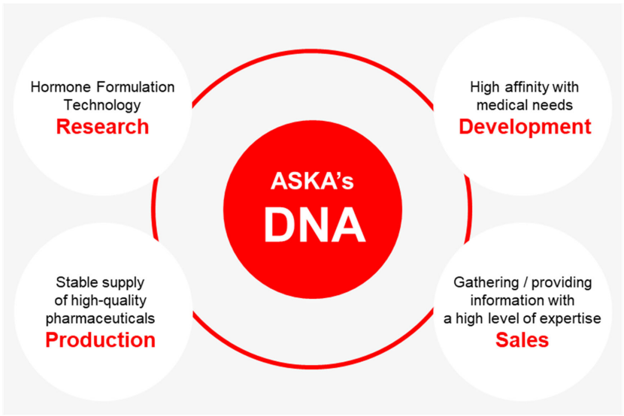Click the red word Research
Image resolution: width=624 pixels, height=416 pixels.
pyautogui.click(x=102, y=127)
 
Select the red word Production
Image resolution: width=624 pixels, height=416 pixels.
pyautogui.click(x=100, y=340)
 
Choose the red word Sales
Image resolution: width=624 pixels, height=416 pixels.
pyautogui.click(x=522, y=340)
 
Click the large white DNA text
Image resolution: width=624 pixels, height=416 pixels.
pyautogui.click(x=314, y=225)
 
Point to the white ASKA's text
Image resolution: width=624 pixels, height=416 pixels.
pyautogui.click(x=312, y=181)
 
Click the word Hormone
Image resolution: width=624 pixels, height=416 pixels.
pyautogui.click(x=62, y=87)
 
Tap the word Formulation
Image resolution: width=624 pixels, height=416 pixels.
pyautogui.click(x=136, y=87)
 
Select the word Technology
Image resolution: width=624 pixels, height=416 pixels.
pyautogui.click(x=102, y=105)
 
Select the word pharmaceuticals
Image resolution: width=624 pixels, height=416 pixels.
pyautogui.click(x=100, y=318)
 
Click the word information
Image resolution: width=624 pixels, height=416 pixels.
pyautogui.click(x=504, y=300)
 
